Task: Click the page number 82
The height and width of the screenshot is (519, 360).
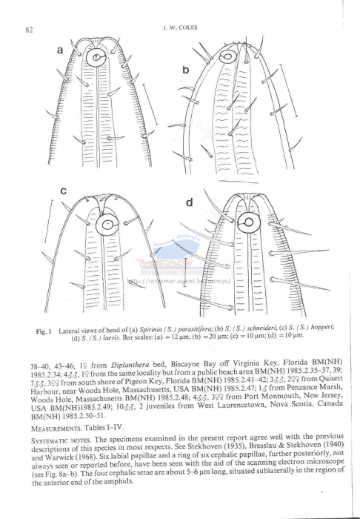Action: point(30,30)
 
